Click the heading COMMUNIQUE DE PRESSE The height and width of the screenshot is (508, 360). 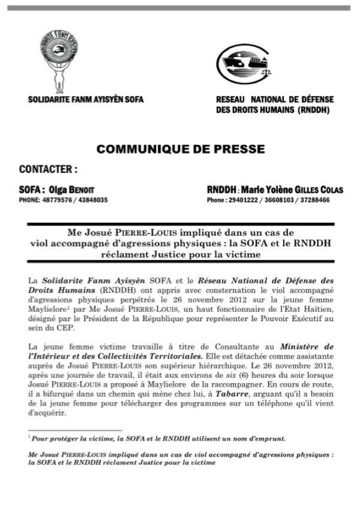click(x=180, y=148)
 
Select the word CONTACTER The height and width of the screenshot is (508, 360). click(x=48, y=169)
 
